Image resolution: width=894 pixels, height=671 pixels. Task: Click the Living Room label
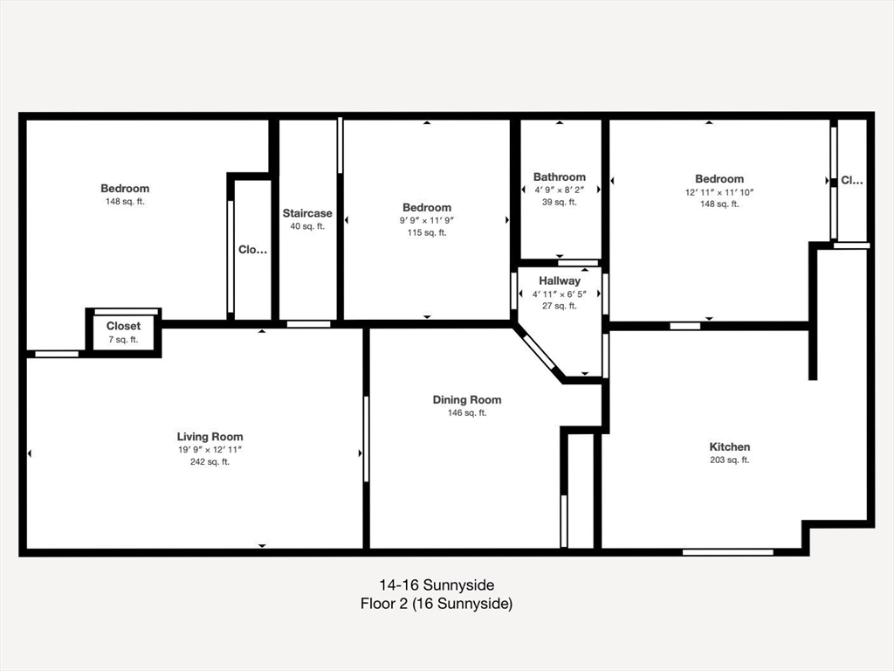210,437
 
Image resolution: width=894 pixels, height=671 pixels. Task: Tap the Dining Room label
467,400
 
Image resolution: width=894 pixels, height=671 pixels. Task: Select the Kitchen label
729,446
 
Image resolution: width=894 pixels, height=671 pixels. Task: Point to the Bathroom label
560,176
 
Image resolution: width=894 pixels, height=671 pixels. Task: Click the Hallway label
560,280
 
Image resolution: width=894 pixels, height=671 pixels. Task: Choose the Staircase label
307,213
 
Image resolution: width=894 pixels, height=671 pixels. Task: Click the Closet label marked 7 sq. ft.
123,326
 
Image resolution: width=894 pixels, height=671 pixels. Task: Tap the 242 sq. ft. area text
210,462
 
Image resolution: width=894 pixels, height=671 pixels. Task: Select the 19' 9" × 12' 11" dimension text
210,450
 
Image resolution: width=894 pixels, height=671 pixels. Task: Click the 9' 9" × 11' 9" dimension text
427,220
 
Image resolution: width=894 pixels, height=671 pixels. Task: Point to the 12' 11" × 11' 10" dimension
719,192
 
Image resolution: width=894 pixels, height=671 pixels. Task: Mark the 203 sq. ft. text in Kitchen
729,460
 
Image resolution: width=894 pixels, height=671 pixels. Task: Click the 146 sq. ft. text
467,413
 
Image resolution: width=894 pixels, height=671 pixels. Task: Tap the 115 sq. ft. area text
427,232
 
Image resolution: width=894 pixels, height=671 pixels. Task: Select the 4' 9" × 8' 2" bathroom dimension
560,190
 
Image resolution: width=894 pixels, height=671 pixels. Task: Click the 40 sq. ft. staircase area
307,226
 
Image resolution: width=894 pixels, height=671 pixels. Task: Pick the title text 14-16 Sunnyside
437,585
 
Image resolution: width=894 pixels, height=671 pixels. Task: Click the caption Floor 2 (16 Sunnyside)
437,603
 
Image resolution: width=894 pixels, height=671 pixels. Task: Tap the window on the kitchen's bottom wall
727,551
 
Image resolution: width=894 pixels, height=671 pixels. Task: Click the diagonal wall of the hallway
539,353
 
